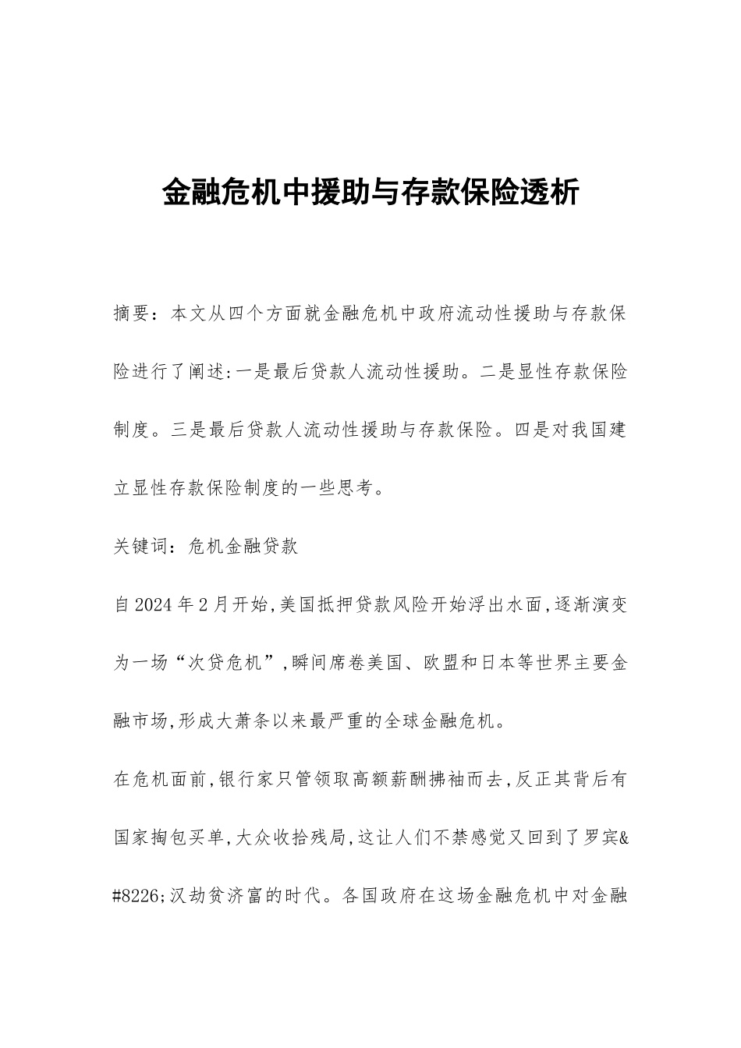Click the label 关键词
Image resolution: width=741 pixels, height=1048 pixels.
point(142,546)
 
